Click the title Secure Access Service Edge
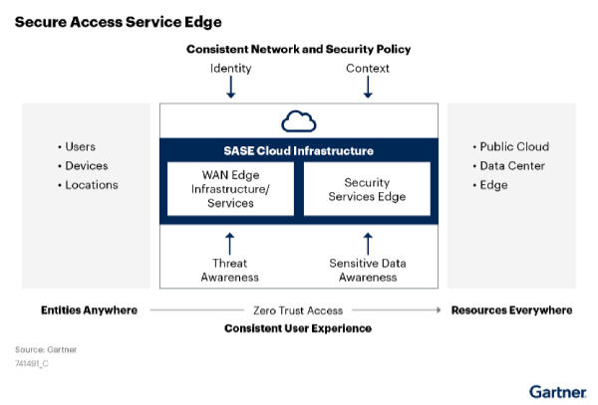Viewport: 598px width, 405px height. coord(118,21)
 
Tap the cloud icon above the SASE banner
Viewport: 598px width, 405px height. coord(298,122)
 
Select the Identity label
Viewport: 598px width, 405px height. coord(230,69)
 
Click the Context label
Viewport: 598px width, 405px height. coord(367,69)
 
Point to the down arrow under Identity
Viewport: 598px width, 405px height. coord(230,89)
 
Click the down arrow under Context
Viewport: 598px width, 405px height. coord(367,89)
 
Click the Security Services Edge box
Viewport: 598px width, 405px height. coord(367,189)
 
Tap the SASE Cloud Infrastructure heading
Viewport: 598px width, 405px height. coord(298,151)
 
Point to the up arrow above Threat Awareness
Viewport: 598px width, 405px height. coord(229,242)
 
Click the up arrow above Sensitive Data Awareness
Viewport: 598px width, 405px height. coord(367,242)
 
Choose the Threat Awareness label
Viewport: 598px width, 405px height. coord(229,270)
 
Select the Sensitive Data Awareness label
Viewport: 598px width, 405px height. coord(367,270)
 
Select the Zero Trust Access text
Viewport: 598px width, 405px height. coord(298,310)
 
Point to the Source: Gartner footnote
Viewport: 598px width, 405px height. coord(46,349)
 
